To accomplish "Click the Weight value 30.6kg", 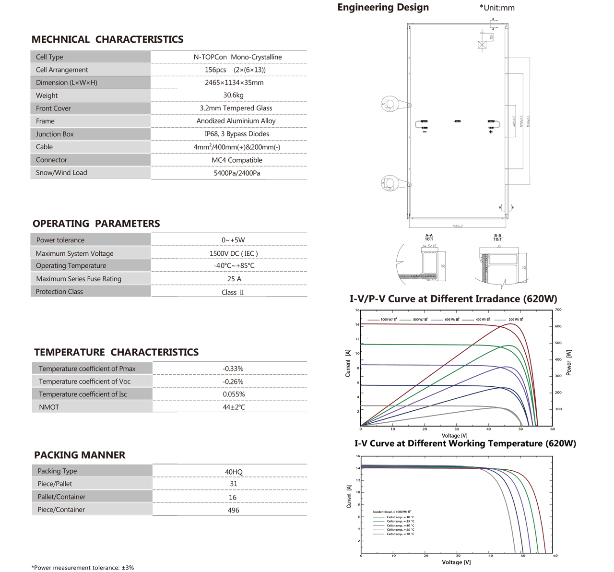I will tap(233, 95).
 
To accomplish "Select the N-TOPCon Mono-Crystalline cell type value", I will tap(237, 57).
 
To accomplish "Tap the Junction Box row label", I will tap(55, 134).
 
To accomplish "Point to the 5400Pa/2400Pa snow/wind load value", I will tap(237, 173).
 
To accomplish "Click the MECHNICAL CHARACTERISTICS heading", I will tap(107, 39).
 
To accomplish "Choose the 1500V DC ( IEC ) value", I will tap(234, 253).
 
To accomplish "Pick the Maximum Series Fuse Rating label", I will tap(79, 279).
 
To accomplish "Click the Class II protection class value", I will tap(233, 292).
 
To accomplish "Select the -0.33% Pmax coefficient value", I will tap(233, 369).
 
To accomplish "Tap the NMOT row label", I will tap(49, 407).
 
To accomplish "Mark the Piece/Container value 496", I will tap(233, 510).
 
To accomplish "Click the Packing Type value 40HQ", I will tap(234, 472).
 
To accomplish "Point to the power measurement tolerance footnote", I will tap(83, 568).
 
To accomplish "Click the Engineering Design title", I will tap(383, 7).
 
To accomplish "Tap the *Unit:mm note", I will tap(497, 8).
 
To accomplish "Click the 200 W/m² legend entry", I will tap(515, 320).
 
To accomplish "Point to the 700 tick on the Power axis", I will tap(558, 310).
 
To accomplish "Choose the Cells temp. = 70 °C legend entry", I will tap(400, 534).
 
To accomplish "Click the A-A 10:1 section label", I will tap(429, 237).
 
